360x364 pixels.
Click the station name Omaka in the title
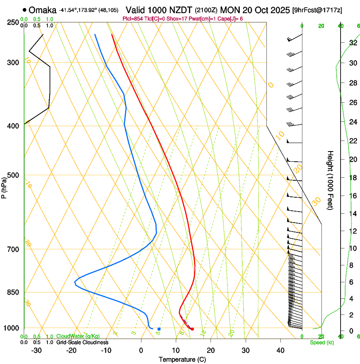tap(43, 10)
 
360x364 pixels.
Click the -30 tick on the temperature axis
tap(36, 350)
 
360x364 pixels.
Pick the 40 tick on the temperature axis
tap(280, 350)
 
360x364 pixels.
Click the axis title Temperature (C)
tap(182, 359)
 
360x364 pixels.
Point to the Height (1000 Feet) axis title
tap(331, 180)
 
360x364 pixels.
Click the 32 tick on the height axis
tap(352, 43)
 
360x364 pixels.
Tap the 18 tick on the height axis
tap(352, 178)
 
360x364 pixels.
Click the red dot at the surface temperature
tap(192, 329)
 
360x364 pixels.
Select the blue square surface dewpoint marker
tap(159, 329)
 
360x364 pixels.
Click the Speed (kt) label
tap(321, 342)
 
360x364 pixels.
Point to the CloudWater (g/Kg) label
tap(78, 336)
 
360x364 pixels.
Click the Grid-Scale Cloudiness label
tap(82, 342)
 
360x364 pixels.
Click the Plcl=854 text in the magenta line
tap(132, 19)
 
